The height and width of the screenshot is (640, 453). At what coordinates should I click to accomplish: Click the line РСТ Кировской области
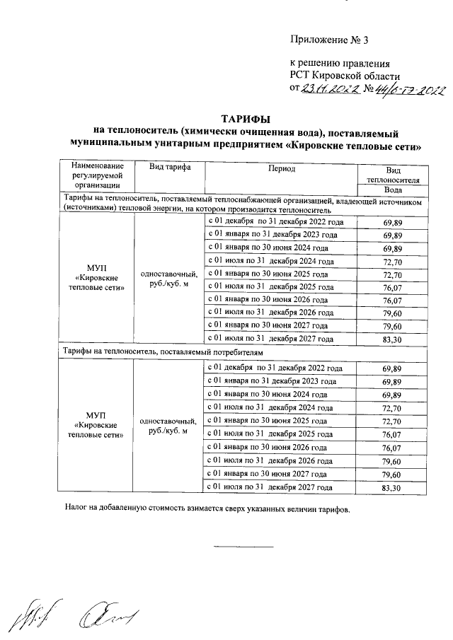point(345,76)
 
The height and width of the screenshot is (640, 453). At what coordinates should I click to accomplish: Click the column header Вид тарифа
point(168,168)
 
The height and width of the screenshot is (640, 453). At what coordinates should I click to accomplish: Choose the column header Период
point(282,168)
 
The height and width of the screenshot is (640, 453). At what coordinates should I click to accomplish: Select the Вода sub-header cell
point(393,190)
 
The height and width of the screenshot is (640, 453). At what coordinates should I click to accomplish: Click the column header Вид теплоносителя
point(393,175)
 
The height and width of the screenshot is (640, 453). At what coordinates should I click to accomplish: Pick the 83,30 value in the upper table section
point(392,339)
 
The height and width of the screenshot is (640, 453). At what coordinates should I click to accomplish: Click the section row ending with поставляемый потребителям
point(164,351)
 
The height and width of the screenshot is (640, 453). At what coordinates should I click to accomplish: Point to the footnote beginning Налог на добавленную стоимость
point(207,508)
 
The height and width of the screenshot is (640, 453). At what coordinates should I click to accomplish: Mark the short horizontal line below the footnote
point(243,547)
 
